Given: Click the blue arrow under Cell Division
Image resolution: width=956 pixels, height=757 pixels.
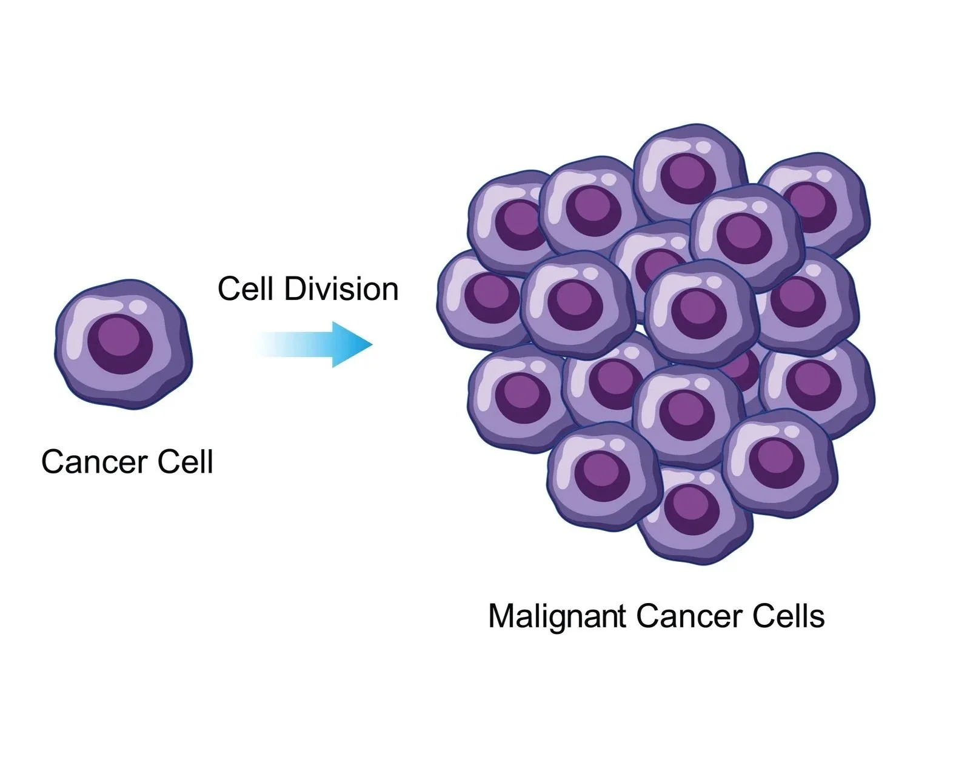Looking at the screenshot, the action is click(x=315, y=344).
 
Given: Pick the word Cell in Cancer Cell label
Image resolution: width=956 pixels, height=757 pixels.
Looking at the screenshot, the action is click(x=186, y=462).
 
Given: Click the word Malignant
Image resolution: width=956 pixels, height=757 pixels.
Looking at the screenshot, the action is click(x=556, y=616).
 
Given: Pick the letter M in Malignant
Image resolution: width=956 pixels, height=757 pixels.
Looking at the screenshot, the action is click(x=500, y=616).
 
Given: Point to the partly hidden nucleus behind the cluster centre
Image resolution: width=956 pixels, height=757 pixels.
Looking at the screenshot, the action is click(x=742, y=368).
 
